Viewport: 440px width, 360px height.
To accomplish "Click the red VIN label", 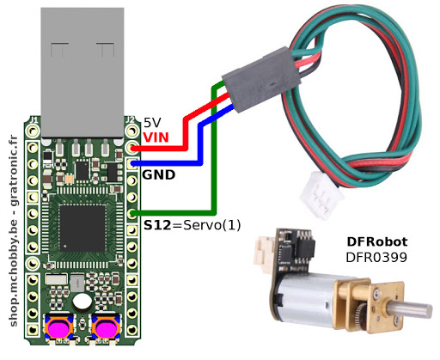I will [x=156, y=137].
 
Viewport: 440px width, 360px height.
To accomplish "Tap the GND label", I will [x=158, y=174].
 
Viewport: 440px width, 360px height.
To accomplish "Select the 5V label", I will [x=151, y=123].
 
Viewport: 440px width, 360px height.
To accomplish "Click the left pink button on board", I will [x=58, y=328].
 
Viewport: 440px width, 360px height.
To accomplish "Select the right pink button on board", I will [x=106, y=328].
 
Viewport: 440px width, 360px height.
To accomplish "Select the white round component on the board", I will [x=82, y=302].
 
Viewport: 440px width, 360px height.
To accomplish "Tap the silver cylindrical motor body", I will [x=309, y=296].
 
